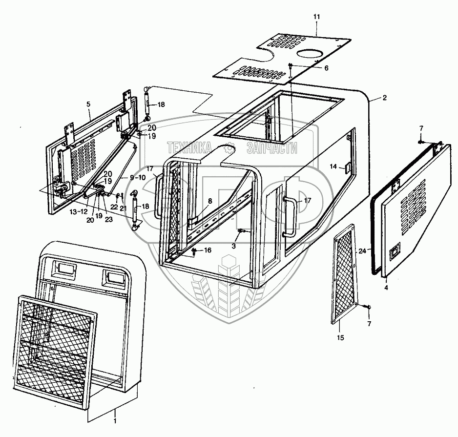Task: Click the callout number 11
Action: pos(316,17)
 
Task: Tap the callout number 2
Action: pos(384,98)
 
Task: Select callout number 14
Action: pos(333,167)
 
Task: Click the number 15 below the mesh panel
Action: pos(341,337)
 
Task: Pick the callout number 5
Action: pos(89,104)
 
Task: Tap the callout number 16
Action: pos(208,250)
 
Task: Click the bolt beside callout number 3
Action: pos(241,231)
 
